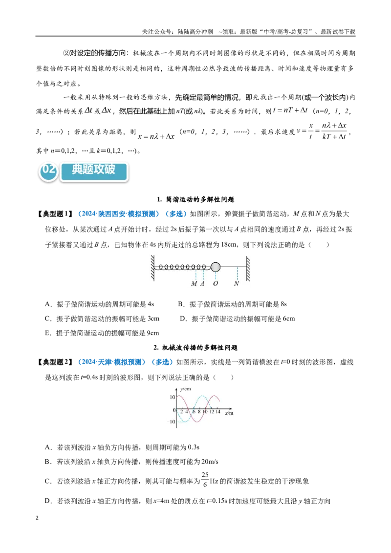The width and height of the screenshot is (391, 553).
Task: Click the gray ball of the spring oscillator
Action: (216, 267)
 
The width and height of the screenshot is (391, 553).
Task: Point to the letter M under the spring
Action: (194, 283)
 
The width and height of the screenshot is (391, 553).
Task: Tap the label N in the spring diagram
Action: (237, 283)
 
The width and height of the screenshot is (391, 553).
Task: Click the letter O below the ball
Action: (215, 283)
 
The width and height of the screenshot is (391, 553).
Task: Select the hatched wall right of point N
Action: (248, 269)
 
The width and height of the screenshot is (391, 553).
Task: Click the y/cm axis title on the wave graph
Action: (185, 389)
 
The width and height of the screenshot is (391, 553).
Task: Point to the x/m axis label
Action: (229, 413)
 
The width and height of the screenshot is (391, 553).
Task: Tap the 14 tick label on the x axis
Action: (217, 411)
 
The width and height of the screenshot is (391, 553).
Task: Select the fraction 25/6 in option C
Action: (205, 480)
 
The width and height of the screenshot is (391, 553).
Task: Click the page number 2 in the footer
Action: (37, 518)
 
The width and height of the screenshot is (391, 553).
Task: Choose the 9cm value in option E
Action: (152, 333)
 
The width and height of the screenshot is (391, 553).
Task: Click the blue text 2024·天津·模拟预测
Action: (111, 362)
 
